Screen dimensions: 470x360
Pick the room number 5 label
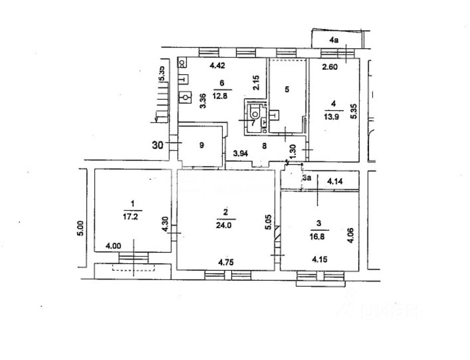point(287,89)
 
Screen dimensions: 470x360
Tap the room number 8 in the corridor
point(264,146)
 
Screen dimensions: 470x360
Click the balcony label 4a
point(333,41)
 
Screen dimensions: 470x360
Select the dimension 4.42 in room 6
point(217,65)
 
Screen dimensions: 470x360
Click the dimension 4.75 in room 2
point(226,262)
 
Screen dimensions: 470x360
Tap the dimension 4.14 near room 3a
point(335,181)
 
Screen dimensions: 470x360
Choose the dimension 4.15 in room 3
point(319,259)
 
